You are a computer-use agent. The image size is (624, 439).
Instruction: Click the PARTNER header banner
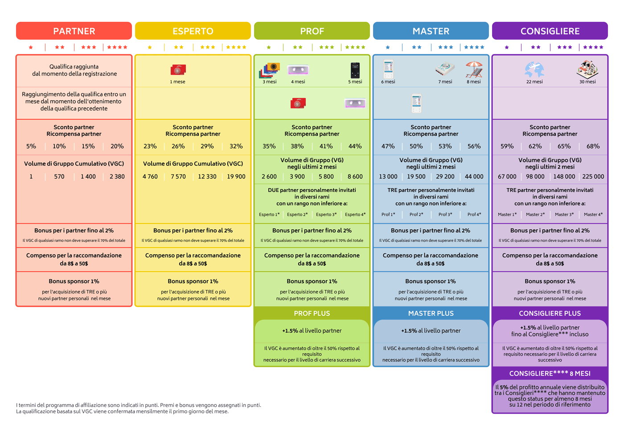click(74, 31)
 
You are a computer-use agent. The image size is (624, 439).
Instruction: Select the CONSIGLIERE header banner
click(550, 31)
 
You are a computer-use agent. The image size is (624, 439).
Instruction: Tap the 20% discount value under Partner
click(117, 146)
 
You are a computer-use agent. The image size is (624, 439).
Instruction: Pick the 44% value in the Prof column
click(355, 146)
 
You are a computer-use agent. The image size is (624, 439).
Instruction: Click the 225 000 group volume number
click(593, 177)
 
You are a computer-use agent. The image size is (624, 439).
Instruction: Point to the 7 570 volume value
click(178, 177)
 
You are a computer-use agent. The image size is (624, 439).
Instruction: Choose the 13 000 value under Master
click(388, 177)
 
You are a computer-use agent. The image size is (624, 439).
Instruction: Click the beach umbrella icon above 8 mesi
click(474, 69)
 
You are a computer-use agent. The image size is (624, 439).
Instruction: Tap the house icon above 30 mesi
click(587, 69)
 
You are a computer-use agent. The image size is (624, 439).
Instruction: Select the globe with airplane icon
click(534, 69)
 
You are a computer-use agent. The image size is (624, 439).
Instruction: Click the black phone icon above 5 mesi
click(355, 70)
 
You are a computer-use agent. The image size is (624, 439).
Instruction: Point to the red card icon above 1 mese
click(178, 69)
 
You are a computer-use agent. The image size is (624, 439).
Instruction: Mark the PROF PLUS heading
click(312, 313)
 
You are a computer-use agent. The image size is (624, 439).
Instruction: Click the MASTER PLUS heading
click(431, 313)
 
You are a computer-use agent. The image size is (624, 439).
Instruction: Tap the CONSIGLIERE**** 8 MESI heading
click(550, 374)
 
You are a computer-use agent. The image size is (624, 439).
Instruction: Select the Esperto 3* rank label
click(326, 215)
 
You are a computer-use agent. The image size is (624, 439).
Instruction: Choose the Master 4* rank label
click(593, 215)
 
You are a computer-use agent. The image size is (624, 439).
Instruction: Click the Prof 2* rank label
click(416, 215)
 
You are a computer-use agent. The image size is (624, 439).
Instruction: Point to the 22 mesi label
click(534, 82)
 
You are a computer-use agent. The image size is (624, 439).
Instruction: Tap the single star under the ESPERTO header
click(150, 47)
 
